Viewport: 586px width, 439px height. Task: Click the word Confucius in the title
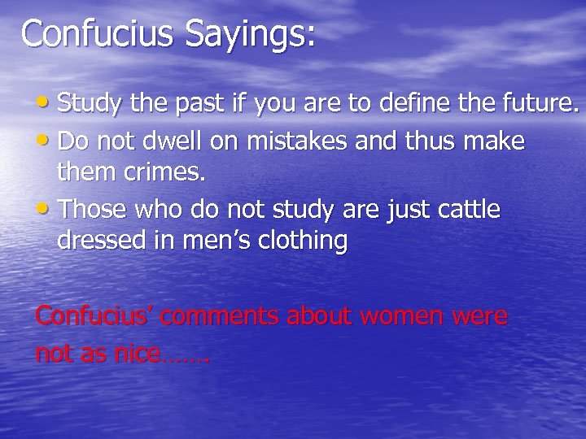pyautogui.click(x=97, y=33)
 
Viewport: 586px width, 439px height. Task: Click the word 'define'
pyautogui.click(x=396, y=103)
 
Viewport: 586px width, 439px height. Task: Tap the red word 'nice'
pyautogui.click(x=134, y=354)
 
